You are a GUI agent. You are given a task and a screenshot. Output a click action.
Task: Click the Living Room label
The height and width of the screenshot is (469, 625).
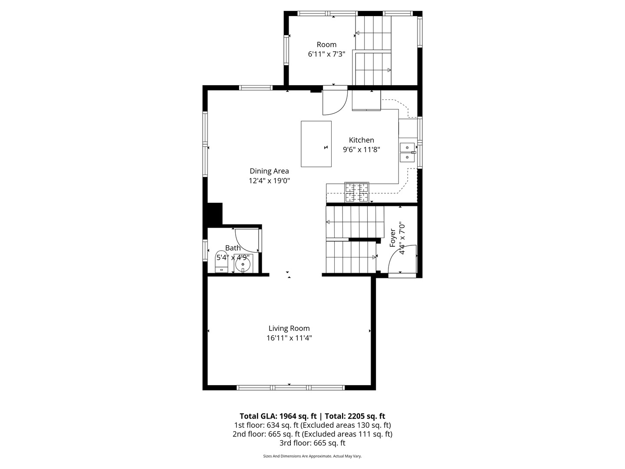point(289,328)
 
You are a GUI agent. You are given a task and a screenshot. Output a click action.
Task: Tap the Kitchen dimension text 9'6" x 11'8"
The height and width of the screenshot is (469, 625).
point(361,149)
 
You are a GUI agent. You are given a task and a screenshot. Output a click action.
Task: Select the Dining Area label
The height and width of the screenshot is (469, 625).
point(269,171)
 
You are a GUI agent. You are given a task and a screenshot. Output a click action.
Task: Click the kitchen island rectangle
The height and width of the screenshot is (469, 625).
point(316,144)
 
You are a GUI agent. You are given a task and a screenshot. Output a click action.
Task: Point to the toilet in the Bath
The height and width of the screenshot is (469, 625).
point(221,261)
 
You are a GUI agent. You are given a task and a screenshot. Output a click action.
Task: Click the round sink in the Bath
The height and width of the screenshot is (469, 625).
point(243,264)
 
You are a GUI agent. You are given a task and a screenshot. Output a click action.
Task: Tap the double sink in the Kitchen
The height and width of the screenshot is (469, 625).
point(407,152)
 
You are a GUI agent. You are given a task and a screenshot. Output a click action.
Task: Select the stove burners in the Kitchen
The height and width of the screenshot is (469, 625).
point(357,192)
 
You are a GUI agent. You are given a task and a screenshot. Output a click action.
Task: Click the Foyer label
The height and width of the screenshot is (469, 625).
point(393,238)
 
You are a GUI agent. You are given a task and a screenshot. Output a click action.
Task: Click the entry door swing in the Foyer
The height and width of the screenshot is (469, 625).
point(401,261)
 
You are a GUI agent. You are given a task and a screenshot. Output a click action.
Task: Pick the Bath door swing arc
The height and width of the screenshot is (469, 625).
point(246,240)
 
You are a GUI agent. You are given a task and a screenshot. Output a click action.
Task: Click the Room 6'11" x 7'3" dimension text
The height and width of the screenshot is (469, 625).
point(326,54)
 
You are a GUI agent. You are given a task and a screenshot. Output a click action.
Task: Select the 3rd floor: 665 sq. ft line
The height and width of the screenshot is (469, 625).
point(312,443)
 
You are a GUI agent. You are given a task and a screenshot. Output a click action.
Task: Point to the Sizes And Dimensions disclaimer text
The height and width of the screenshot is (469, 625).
point(312,456)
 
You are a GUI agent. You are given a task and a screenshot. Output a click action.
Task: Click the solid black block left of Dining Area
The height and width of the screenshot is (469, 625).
point(215,213)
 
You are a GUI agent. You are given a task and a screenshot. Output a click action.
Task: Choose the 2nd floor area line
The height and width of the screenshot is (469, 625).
point(312,434)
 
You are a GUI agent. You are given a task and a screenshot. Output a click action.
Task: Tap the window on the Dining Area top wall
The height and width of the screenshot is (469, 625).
point(256,88)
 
